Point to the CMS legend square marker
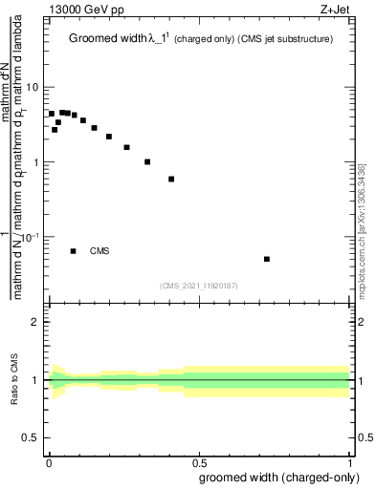[x=74, y=251]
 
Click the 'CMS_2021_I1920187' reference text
[x=200, y=285]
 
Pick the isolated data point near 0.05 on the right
[x=267, y=259]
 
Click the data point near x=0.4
[x=171, y=179]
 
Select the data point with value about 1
[x=147, y=161]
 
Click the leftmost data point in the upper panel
[x=52, y=114]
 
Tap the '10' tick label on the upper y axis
[x=33, y=88]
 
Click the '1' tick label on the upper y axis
[x=36, y=162]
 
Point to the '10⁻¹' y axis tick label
[x=31, y=236]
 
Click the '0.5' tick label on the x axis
[x=199, y=461]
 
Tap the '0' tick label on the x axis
[x=49, y=461]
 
